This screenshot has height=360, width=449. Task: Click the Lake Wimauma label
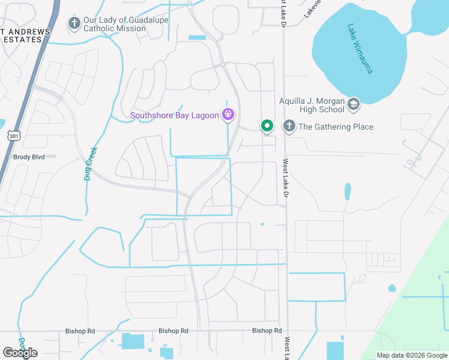point(360,49)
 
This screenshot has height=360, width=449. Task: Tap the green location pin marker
point(267,126)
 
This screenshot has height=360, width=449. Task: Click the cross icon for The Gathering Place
point(289,126)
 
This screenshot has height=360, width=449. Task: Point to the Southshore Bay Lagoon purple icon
point(228,115)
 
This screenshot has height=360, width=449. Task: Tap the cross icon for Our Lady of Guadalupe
point(74,24)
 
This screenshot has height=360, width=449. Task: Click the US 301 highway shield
point(13,137)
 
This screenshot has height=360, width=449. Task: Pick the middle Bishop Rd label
point(173,331)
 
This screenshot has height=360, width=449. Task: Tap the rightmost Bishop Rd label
point(267,331)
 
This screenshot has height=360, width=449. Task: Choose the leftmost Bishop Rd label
point(80,331)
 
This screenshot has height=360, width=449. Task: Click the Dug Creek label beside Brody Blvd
point(90,164)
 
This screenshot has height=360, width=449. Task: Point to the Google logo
point(20,353)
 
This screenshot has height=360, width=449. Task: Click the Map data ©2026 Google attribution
point(411,355)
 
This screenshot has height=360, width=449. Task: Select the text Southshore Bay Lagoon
point(175,115)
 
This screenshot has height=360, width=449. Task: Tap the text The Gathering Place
point(336,127)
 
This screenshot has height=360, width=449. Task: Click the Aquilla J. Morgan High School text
point(312,105)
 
